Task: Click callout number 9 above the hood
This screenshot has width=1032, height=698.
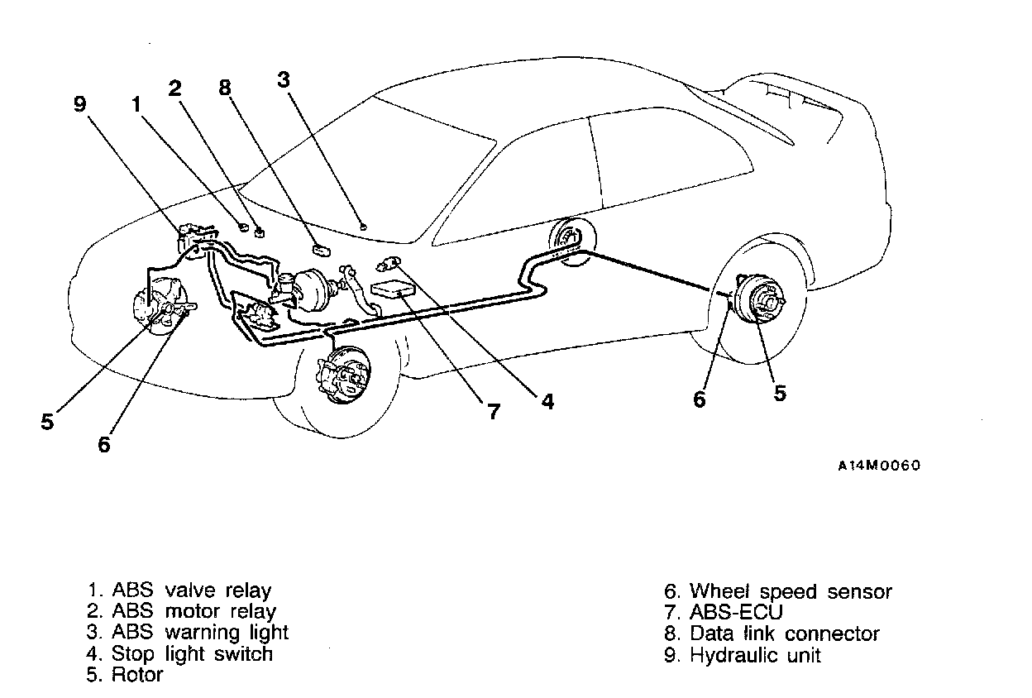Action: pos(79,104)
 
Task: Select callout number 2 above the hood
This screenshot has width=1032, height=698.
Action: pos(174,88)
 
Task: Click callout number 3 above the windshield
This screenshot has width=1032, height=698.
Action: pos(284,80)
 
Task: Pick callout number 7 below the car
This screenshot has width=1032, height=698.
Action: pos(494,411)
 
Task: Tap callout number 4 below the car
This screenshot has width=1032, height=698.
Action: pos(547,402)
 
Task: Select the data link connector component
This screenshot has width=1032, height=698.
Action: pos(321,247)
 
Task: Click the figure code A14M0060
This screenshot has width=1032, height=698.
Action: pos(879,466)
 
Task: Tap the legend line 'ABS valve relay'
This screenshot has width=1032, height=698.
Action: pos(180,590)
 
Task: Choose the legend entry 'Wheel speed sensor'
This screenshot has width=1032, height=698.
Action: pos(779,591)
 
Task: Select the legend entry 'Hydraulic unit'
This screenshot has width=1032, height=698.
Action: pos(743,656)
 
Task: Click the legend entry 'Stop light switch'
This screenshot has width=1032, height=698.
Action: pos(180,653)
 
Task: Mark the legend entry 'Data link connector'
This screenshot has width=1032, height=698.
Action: pos(772,634)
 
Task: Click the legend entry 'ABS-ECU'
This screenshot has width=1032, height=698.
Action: pos(724,613)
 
